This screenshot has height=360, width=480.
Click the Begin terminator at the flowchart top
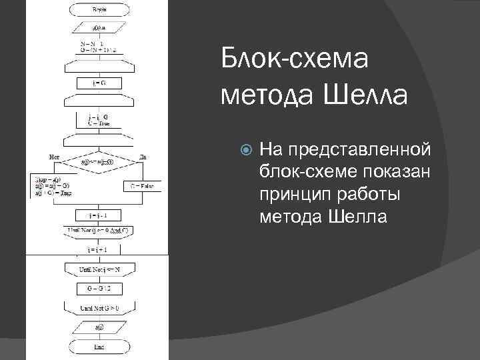pos(98,11)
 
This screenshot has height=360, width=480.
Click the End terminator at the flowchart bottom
pos(98,347)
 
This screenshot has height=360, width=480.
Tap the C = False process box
pos(141,186)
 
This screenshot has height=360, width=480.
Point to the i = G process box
pos(98,83)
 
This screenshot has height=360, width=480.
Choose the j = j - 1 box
pos(98,215)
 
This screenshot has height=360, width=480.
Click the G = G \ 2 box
pos(98,289)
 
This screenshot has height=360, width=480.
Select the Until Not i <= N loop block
pos(98,269)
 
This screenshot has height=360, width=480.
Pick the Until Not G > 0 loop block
pos(98,308)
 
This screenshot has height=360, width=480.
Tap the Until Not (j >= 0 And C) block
pos(98,231)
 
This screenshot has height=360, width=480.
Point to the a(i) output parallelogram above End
pos(98,328)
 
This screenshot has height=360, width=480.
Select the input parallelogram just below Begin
pos(98,27)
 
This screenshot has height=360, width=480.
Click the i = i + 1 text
pos(98,249)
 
